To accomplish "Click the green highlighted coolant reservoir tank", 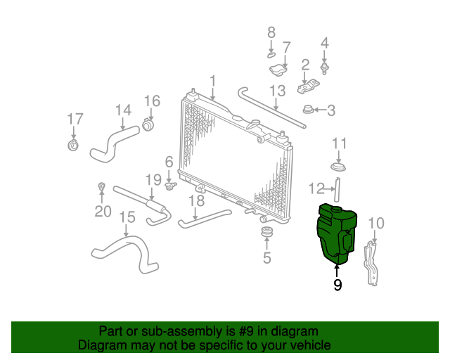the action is click(336, 233).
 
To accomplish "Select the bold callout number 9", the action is click(337, 285).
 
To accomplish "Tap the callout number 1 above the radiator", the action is click(212, 81).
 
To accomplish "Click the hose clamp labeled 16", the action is click(148, 125).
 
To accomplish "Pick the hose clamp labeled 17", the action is click(73, 145).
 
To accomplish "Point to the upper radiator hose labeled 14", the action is click(114, 143).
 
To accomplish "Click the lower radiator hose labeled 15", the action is click(125, 253).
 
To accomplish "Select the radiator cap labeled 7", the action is click(278, 70).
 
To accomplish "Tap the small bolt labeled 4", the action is click(324, 69).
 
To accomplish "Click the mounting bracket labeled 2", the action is click(308, 86).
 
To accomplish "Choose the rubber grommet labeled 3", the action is click(308, 110).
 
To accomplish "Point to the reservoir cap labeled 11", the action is click(338, 167).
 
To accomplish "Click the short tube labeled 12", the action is click(337, 190).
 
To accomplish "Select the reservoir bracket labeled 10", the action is click(371, 264).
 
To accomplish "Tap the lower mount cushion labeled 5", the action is click(267, 231).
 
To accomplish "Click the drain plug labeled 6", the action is click(170, 186).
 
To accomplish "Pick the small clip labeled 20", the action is click(101, 186).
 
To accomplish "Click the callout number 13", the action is click(278, 91).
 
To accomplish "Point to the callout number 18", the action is click(197, 200).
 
